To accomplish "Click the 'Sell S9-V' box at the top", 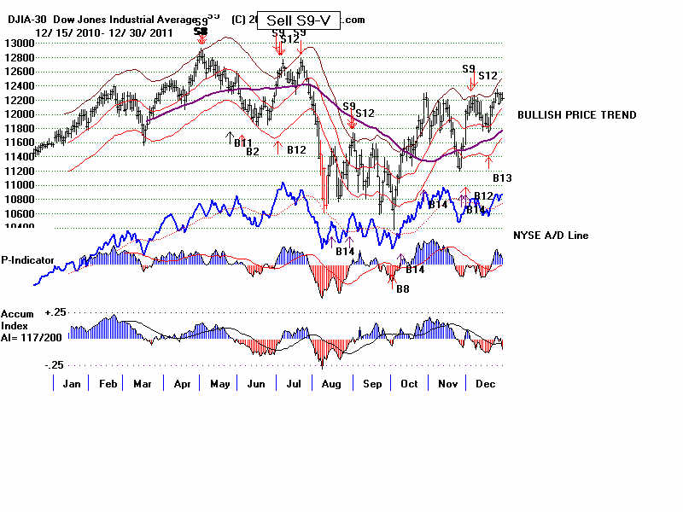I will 299,20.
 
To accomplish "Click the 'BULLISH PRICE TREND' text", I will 576,115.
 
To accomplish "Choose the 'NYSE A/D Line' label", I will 551,236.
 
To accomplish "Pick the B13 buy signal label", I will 502,177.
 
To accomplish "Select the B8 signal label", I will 402,288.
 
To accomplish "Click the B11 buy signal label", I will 243,142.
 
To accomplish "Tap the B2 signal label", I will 252,152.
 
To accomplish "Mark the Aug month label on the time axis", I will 331,384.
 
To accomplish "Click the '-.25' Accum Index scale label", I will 31,364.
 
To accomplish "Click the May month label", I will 219,384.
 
